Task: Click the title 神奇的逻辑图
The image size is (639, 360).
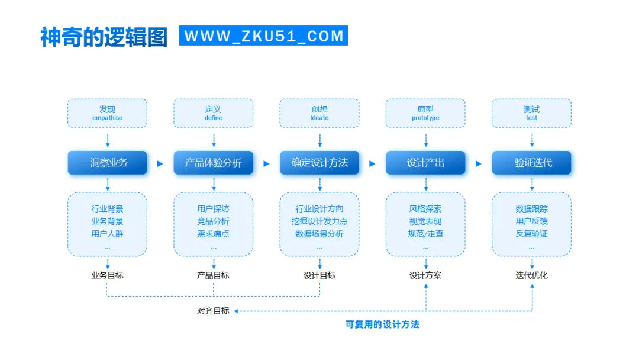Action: (104, 37)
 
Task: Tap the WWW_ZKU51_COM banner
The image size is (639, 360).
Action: (264, 36)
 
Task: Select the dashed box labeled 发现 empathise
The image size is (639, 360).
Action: (107, 113)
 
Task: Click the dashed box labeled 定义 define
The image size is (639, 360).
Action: (213, 113)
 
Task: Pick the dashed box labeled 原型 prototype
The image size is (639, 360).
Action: (425, 113)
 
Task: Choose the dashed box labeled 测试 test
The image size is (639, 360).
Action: (531, 113)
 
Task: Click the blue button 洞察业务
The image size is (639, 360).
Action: (107, 163)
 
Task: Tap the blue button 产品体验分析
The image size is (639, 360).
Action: (213, 163)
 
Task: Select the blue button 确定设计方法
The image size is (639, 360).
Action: (319, 163)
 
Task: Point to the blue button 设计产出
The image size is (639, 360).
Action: (425, 163)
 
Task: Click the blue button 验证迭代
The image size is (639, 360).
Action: (531, 163)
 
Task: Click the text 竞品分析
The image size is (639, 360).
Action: (213, 221)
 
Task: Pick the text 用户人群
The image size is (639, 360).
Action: (107, 234)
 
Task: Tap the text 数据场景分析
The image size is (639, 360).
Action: (319, 234)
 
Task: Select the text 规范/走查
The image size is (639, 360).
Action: (425, 234)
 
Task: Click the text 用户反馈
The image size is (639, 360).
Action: (531, 221)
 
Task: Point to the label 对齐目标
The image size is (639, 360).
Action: (213, 311)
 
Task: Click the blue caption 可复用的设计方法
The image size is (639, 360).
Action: (382, 324)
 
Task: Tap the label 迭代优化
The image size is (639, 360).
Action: (531, 275)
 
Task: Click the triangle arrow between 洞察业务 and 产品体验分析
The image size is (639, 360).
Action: (160, 163)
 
